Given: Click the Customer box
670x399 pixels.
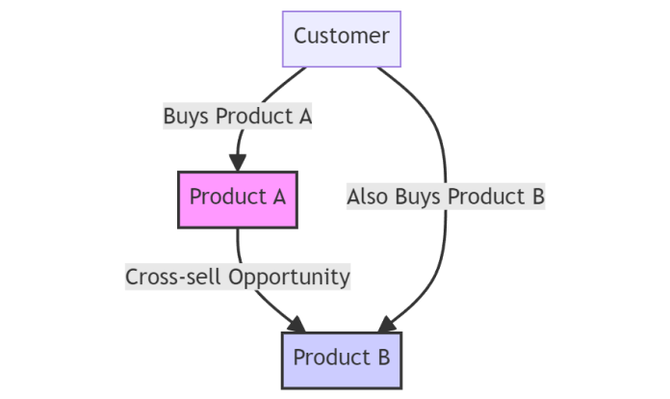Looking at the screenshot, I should [341, 38].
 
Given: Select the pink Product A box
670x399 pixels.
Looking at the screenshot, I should [238, 198].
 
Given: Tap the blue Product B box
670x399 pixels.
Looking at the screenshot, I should [341, 359].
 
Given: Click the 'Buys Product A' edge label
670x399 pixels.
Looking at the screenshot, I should [238, 117].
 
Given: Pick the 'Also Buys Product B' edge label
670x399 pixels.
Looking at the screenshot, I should [446, 198].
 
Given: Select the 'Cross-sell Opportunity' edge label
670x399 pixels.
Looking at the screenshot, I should [238, 278].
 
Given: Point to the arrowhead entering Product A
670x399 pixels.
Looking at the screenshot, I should [238, 163].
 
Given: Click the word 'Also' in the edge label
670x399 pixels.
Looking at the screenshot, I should [367, 198].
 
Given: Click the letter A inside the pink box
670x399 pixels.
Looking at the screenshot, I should [278, 198].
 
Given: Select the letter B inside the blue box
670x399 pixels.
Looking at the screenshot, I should [382, 359].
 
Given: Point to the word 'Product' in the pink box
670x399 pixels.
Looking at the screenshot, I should [227, 198].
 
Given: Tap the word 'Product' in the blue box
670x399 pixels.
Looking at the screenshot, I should [330, 359].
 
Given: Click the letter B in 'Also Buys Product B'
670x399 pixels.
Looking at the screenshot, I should [537, 198].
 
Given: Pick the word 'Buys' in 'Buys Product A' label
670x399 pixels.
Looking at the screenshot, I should [187, 117].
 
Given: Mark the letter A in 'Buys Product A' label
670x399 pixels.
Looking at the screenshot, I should [304, 117].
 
